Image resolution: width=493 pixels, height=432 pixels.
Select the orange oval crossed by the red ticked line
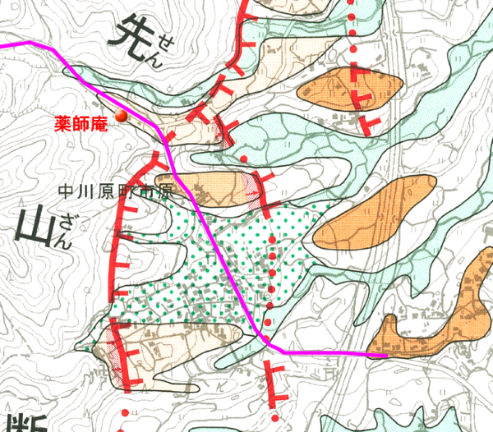[352, 88]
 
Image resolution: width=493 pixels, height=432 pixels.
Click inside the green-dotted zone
[246, 246]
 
